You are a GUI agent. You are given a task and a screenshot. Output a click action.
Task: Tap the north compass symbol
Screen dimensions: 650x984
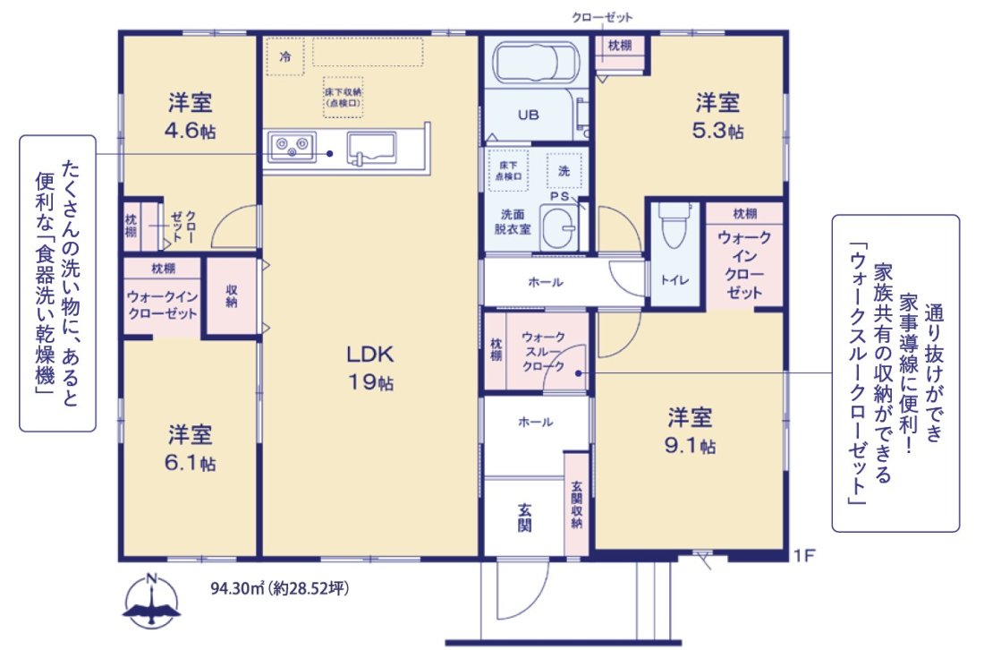point(153,602)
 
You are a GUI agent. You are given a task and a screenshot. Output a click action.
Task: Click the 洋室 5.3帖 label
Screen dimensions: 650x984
point(717,115)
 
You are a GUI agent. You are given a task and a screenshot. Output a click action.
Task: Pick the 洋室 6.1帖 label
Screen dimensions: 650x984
point(190,449)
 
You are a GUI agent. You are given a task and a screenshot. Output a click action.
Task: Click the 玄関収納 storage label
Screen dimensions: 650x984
point(577,503)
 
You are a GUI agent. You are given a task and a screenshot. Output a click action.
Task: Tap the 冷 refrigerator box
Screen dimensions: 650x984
point(284,56)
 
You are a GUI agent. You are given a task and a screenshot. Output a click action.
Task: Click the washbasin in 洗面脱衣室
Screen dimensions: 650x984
point(562,228)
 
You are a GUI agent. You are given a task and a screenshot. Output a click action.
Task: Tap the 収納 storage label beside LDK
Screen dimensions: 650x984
point(231,295)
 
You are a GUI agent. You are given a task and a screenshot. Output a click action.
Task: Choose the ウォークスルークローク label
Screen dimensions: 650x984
point(542,351)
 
